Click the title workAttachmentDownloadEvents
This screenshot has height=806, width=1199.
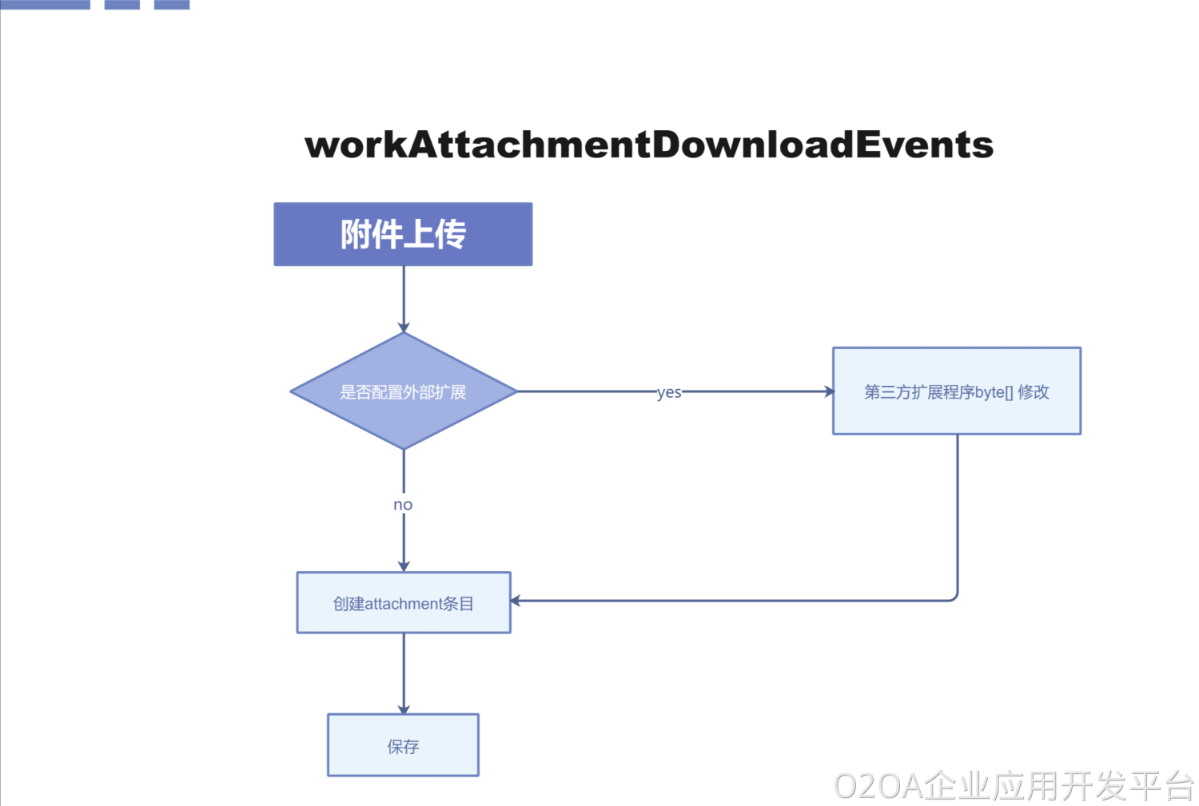[649, 145]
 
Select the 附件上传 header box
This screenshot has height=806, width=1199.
[403, 234]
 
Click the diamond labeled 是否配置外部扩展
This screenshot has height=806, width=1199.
[403, 391]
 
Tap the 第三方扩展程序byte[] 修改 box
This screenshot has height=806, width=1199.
[956, 391]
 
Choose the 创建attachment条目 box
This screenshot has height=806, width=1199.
[403, 603]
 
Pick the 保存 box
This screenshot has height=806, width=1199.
[403, 745]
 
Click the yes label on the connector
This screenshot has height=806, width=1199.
[669, 392]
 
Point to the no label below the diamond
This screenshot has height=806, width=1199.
[403, 505]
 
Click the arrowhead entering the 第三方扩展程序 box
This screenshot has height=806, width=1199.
[829, 391]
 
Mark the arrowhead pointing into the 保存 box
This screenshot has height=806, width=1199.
[404, 709]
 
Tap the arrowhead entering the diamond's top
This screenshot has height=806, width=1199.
[404, 328]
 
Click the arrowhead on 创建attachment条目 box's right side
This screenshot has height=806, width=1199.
[516, 601]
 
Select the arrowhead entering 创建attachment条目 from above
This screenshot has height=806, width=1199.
[404, 566]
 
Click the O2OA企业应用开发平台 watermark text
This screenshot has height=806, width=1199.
[1014, 786]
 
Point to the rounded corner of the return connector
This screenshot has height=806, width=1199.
[954, 597]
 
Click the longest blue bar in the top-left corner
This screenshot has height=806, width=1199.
[45, 4]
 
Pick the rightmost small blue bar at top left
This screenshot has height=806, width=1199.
[172, 4]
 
